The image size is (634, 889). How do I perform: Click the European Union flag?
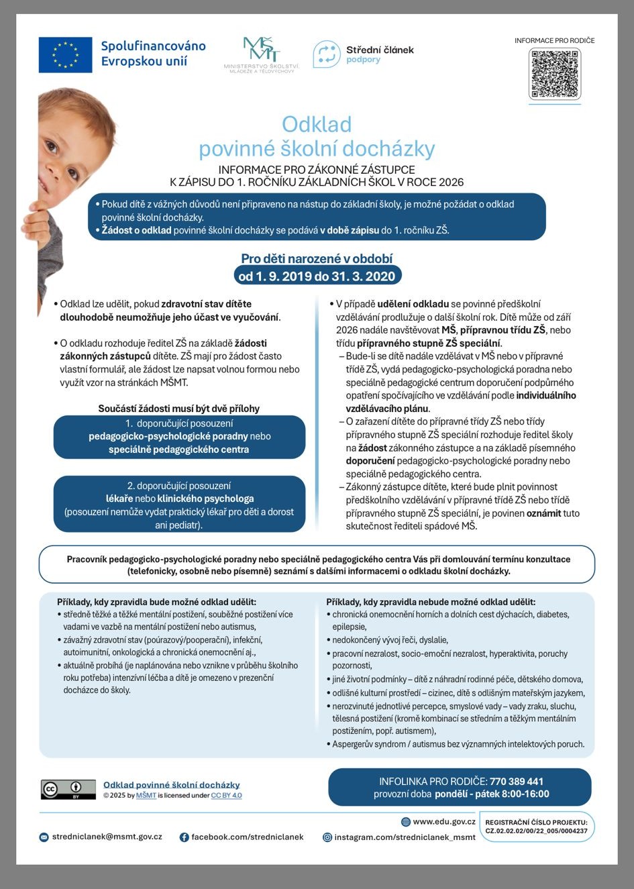(x=65, y=55)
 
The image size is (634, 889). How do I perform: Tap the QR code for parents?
(x=554, y=73)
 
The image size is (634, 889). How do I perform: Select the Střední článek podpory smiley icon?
(x=327, y=54)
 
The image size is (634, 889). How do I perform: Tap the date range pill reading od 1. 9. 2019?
(x=317, y=275)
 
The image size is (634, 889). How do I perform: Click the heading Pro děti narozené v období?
(x=317, y=258)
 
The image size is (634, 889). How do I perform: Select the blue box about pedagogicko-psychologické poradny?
(x=179, y=437)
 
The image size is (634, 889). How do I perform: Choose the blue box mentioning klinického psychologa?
(x=179, y=505)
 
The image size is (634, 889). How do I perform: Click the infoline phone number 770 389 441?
(x=517, y=781)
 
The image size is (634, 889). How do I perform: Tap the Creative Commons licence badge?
(x=68, y=789)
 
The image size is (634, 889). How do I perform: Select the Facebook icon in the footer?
(x=184, y=837)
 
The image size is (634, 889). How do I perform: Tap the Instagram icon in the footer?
(x=327, y=837)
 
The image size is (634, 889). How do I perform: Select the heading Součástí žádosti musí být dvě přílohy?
(x=179, y=408)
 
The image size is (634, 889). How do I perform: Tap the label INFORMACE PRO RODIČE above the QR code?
(x=554, y=40)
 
